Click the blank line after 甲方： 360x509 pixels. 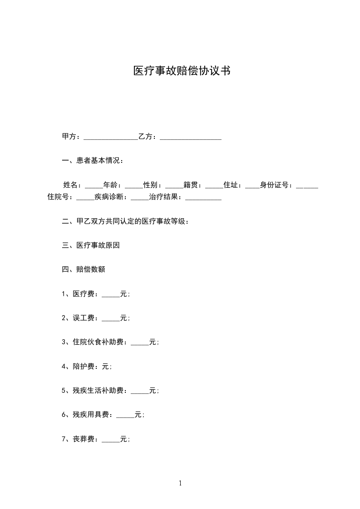coord(111,137)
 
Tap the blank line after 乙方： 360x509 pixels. coord(191,137)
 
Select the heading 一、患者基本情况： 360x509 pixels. coord(92,161)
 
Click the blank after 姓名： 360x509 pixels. coord(94,185)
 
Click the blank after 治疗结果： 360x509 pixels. coord(203,197)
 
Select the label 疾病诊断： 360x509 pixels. coord(113,197)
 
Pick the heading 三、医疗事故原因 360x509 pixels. coord(90,245)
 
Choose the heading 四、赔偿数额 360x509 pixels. coord(83,269)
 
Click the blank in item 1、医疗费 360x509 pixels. coord(111,294)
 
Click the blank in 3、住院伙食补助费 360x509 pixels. coord(140,343)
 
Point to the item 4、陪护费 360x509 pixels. coord(86,367)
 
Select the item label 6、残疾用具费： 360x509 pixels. coord(88,415)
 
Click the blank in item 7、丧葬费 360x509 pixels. coord(111,439)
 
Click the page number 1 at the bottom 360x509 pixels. coord(180,483)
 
